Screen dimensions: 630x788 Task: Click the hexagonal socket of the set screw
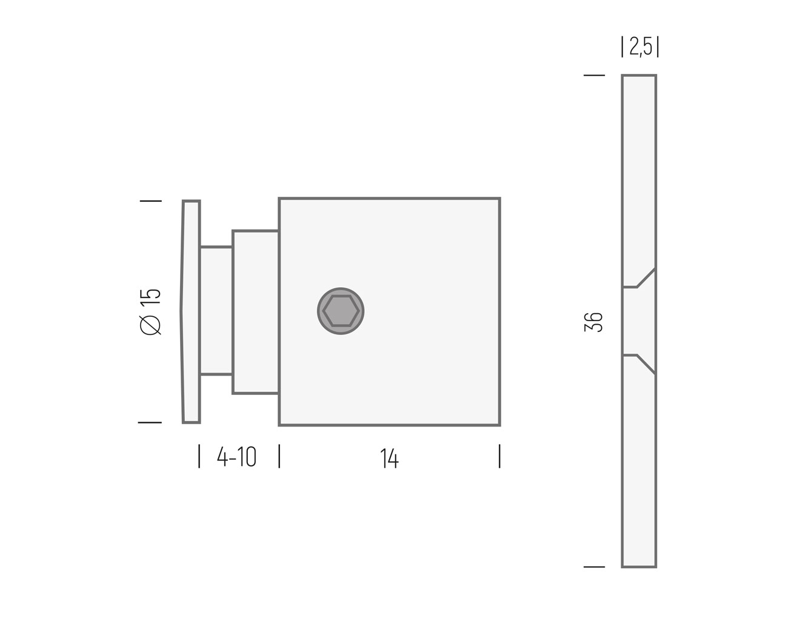[x=341, y=311]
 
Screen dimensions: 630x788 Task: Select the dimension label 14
[x=389, y=459]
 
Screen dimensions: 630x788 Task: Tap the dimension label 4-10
[x=237, y=457]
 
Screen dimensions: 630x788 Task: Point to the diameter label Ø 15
[x=150, y=311]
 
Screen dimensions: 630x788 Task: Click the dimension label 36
[x=594, y=322]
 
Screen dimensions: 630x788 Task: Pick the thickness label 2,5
[x=640, y=47]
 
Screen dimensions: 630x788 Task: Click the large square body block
[x=424, y=363]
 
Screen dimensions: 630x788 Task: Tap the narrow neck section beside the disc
[x=216, y=311]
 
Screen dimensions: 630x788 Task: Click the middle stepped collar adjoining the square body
[x=255, y=312]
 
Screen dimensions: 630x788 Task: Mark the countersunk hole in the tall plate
[x=638, y=320]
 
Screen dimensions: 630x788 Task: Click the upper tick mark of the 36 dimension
[x=594, y=76]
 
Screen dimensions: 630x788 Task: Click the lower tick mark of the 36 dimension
[x=594, y=567]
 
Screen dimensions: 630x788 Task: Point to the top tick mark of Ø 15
[x=150, y=201]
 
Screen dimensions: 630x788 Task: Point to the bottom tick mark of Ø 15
[x=150, y=422]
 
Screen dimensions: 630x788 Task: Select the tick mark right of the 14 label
[x=499, y=456]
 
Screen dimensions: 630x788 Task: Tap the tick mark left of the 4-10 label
[x=199, y=456]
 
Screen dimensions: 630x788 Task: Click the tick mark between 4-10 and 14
[x=279, y=456]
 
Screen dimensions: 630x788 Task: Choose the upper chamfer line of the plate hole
[x=646, y=277]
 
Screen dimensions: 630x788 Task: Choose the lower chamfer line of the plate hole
[x=646, y=364]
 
